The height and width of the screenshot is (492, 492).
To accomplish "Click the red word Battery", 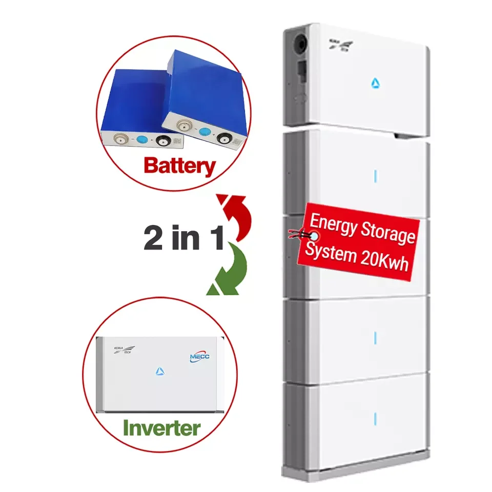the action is (179, 167).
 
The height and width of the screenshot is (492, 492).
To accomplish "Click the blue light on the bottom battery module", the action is (376, 416).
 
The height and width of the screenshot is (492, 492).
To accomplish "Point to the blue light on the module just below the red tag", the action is (376, 337).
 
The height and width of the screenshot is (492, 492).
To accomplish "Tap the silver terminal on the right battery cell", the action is (181, 125).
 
